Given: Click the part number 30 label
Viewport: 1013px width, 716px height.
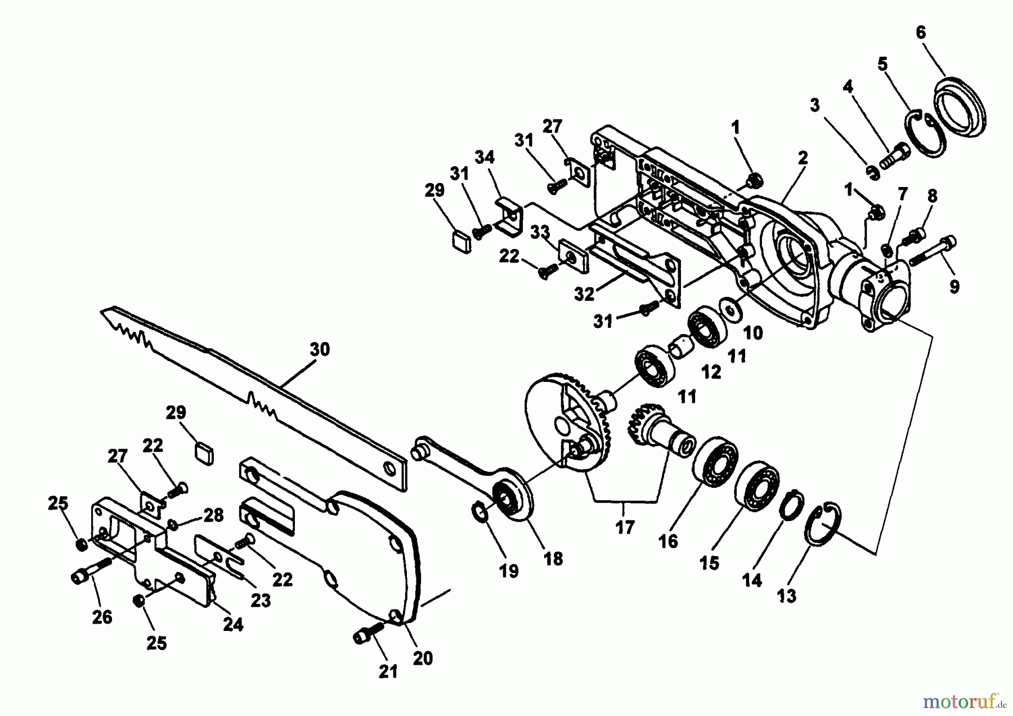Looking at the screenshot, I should [x=320, y=350].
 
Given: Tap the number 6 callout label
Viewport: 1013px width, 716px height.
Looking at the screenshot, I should [x=921, y=33].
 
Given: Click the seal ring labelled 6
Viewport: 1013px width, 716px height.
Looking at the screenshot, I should [x=961, y=107].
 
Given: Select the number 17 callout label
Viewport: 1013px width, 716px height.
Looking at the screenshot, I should [x=625, y=527].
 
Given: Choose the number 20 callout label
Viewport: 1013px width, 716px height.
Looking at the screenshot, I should [x=423, y=658].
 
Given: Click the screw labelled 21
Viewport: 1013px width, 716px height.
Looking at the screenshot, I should [x=368, y=634].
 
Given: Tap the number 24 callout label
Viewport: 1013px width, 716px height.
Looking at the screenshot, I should [x=233, y=624].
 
